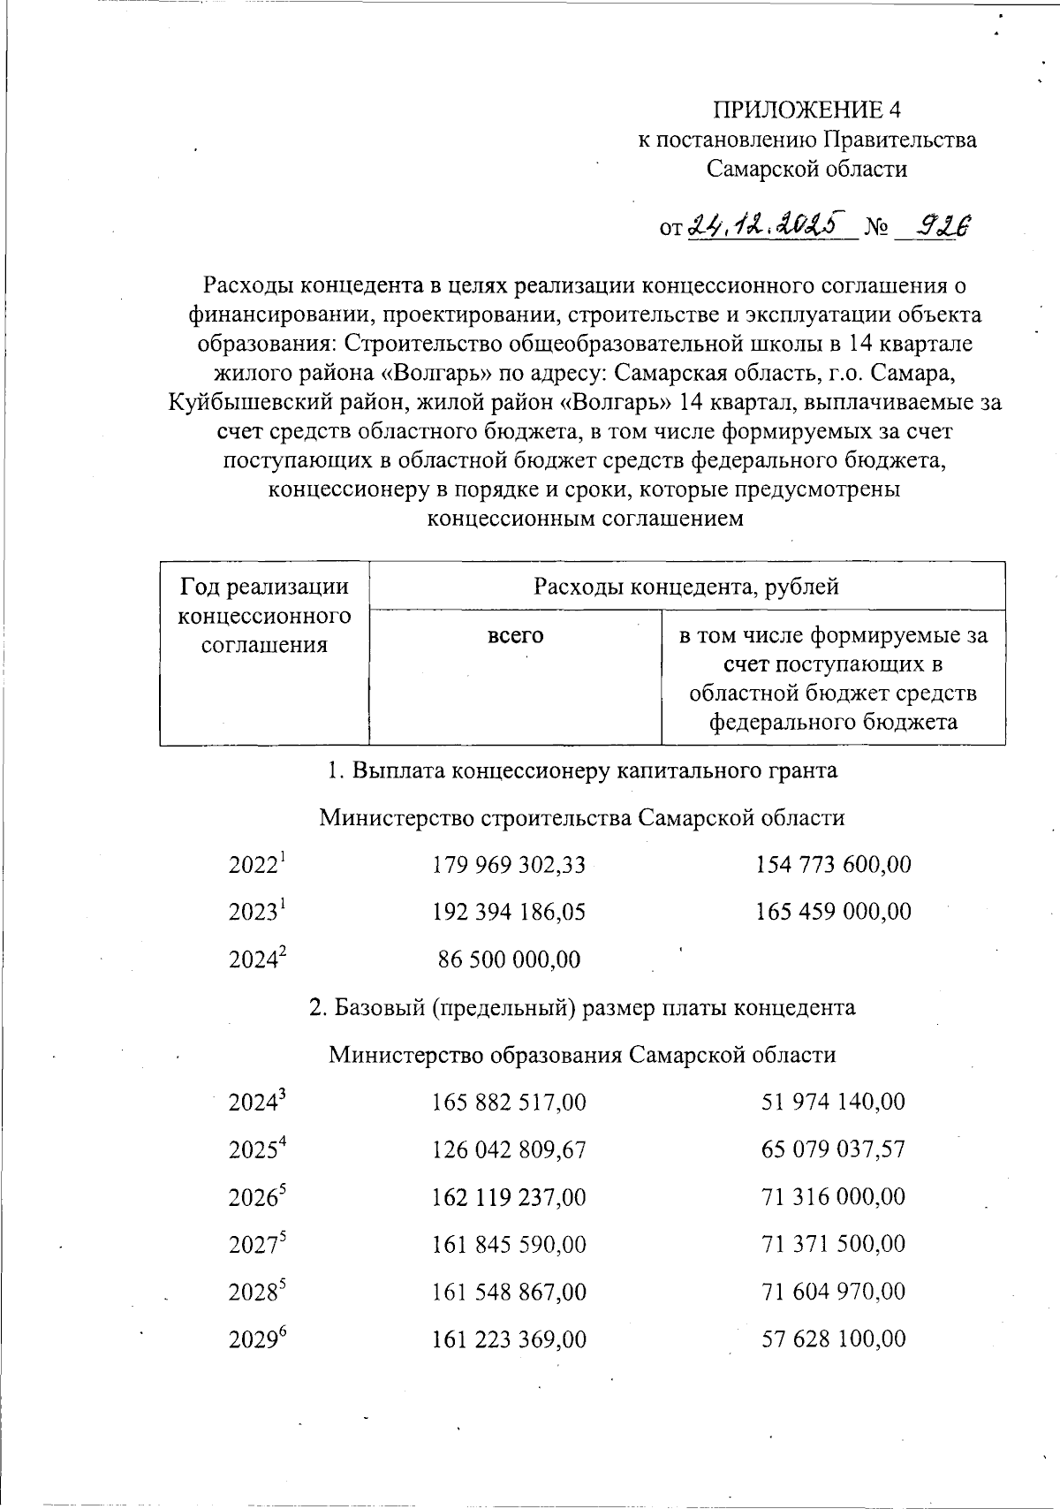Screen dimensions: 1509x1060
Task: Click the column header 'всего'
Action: coord(515,635)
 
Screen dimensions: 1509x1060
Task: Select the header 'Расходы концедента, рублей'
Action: coord(686,586)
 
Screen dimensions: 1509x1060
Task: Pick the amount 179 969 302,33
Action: coord(509,865)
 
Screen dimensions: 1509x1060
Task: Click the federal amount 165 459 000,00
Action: coord(833,912)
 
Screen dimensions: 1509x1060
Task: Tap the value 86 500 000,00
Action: coord(510,959)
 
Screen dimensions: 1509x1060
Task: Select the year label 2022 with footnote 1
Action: coord(258,865)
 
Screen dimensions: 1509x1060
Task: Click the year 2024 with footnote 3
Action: coord(258,1103)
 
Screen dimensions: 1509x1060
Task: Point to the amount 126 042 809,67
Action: coord(509,1150)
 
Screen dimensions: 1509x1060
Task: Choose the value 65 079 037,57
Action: coord(833,1150)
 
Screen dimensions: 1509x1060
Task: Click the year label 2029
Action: coord(258,1340)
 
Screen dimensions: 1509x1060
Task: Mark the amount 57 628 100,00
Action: coord(833,1340)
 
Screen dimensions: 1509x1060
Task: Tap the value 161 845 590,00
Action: coord(509,1245)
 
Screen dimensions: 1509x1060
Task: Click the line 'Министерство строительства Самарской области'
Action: coord(581,817)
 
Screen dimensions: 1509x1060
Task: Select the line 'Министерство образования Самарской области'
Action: coord(582,1055)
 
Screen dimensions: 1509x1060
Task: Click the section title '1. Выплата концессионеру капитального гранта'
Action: coord(582,770)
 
